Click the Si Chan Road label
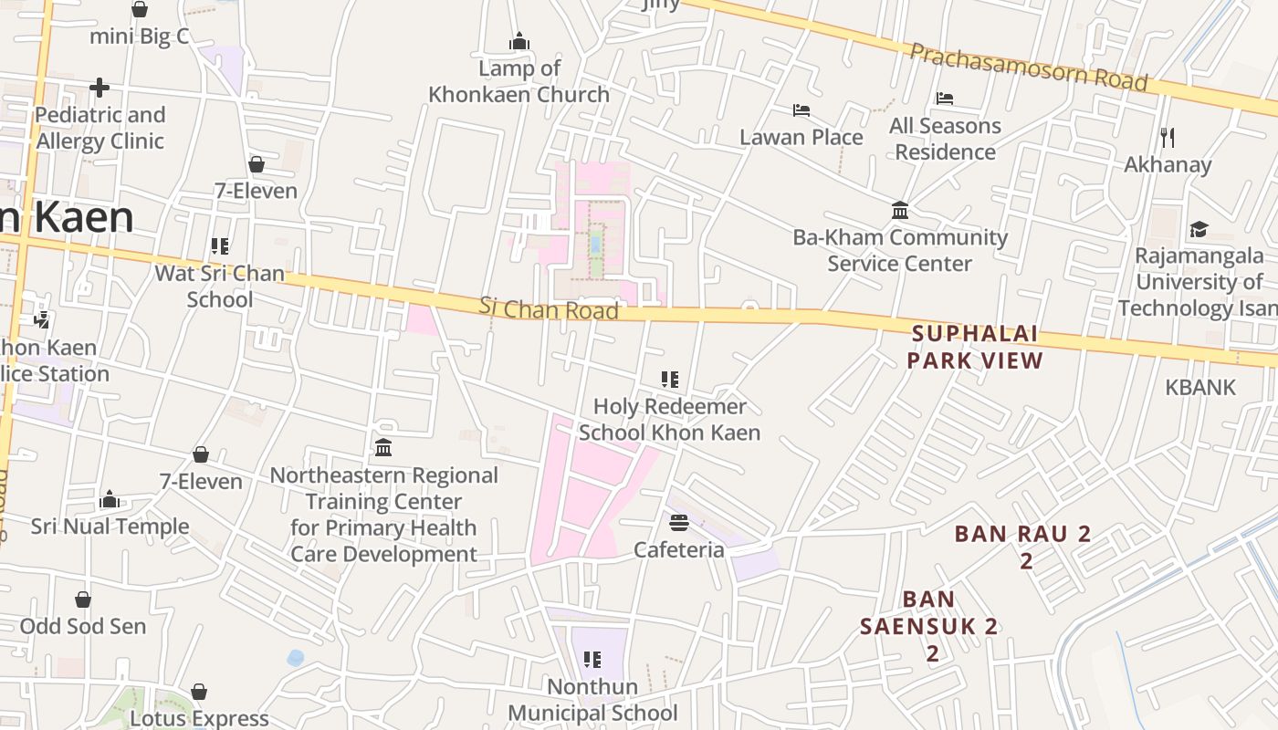pyautogui.click(x=549, y=308)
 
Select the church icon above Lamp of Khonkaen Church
pyautogui.click(x=519, y=42)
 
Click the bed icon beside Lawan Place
pyautogui.click(x=801, y=110)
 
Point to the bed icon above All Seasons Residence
pyautogui.click(x=945, y=99)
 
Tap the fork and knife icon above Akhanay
pyautogui.click(x=1168, y=138)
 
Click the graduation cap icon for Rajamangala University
pyautogui.click(x=1199, y=229)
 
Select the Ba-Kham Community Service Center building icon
pyautogui.click(x=900, y=211)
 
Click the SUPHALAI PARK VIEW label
pyautogui.click(x=976, y=347)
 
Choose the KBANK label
pyautogui.click(x=1199, y=387)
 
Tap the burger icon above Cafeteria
pyautogui.click(x=678, y=523)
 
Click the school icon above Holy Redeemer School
pyautogui.click(x=670, y=379)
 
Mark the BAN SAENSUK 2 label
pyautogui.click(x=929, y=626)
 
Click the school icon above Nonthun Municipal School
pyautogui.click(x=592, y=659)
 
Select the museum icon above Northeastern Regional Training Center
pyautogui.click(x=383, y=448)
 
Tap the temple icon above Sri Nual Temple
pyautogui.click(x=110, y=499)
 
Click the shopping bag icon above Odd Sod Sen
pyautogui.click(x=83, y=600)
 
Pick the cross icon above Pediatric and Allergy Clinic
pyautogui.click(x=100, y=88)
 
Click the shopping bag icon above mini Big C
pyautogui.click(x=140, y=10)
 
